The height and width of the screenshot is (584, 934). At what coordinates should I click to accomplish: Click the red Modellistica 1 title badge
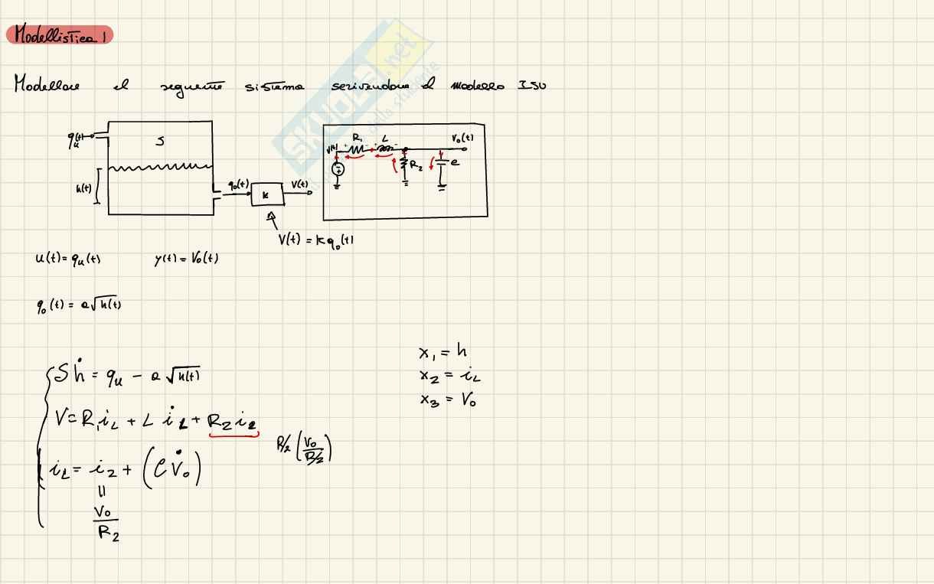tap(59, 34)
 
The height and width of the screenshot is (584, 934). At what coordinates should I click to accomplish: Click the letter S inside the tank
tap(159, 141)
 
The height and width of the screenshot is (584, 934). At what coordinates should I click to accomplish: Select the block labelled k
tap(266, 195)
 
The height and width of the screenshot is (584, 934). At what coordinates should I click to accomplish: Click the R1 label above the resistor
tap(358, 139)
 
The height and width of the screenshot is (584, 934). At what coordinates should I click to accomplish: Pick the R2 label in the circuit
tap(416, 163)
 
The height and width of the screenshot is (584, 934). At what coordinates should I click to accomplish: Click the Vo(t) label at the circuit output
tap(462, 138)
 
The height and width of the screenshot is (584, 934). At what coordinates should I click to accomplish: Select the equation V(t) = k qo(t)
tap(315, 239)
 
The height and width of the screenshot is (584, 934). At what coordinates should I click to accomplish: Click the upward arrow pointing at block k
tap(271, 219)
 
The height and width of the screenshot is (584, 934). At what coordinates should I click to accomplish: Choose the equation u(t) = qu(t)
tap(67, 259)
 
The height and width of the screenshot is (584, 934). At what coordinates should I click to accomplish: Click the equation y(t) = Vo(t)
tap(185, 259)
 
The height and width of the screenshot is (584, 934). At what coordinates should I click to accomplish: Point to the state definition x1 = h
tap(443, 352)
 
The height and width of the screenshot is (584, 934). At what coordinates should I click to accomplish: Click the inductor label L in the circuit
tap(385, 139)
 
